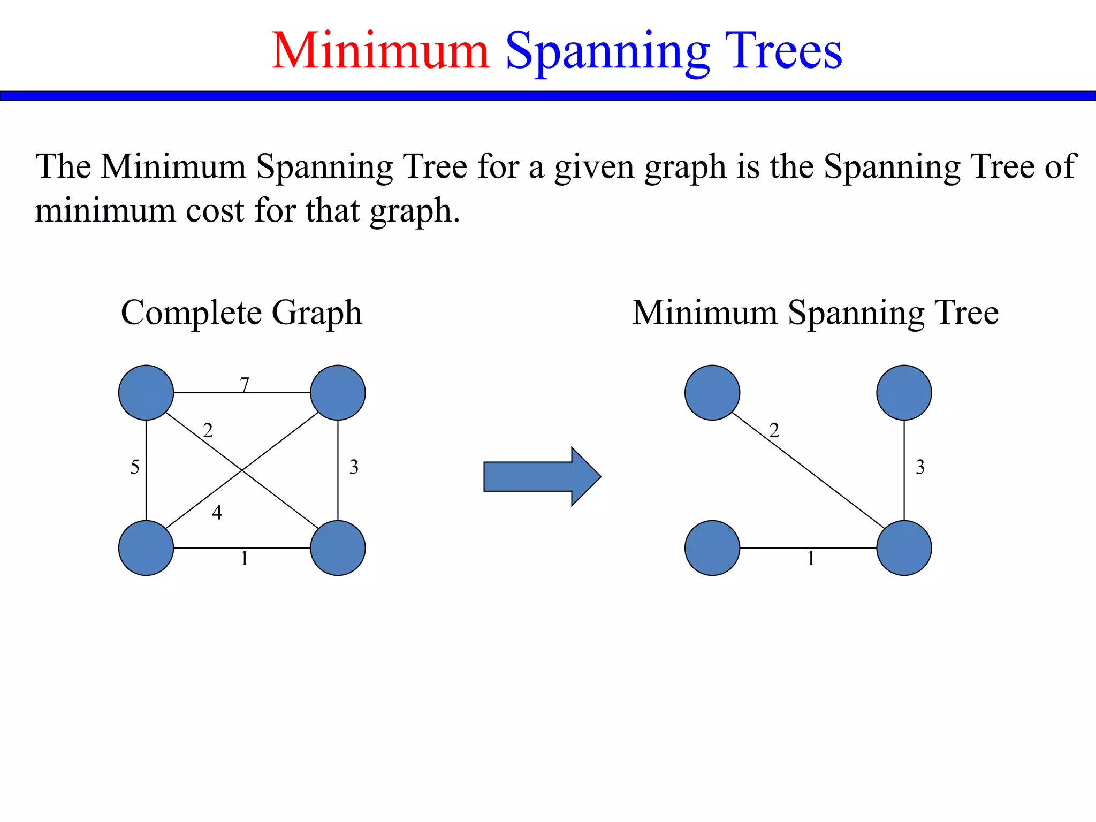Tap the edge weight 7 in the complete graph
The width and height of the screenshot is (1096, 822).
(245, 384)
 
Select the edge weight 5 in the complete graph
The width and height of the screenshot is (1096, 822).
(135, 467)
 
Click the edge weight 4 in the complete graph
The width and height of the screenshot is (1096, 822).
(217, 513)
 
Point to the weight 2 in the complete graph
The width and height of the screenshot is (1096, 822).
(208, 430)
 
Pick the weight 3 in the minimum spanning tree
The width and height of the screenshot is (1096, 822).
(920, 467)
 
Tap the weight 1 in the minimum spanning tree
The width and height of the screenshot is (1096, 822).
(811, 559)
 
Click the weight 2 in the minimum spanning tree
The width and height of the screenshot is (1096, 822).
(774, 430)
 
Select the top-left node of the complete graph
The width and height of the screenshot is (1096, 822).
(146, 393)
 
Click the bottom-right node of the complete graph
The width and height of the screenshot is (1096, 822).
(338, 548)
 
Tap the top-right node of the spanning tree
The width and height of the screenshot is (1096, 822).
(904, 393)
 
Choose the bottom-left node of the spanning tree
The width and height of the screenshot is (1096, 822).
(712, 548)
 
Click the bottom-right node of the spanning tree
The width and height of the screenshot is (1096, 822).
(904, 548)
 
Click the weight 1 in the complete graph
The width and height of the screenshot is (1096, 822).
(245, 559)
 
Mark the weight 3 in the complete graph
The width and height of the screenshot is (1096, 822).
(354, 467)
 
